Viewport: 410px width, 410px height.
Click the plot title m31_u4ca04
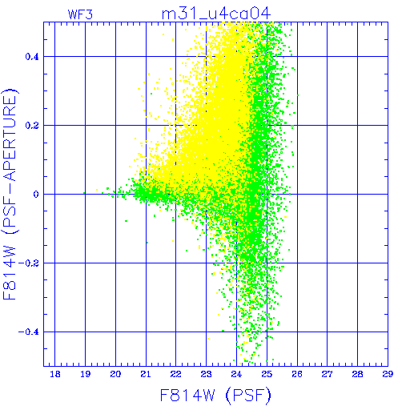click(x=216, y=14)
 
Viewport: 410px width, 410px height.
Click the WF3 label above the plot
click(x=80, y=14)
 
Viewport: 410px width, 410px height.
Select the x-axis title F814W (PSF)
click(x=215, y=395)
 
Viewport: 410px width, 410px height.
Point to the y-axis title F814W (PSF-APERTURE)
click(x=10, y=194)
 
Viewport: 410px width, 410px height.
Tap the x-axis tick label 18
click(x=55, y=374)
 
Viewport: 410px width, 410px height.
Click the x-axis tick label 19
click(x=86, y=374)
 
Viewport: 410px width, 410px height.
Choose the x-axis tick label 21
click(x=146, y=374)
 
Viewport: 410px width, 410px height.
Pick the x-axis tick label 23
click(x=206, y=374)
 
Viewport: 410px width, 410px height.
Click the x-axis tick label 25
click(x=267, y=374)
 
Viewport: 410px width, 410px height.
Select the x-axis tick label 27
click(x=327, y=374)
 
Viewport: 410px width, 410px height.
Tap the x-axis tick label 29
click(x=388, y=374)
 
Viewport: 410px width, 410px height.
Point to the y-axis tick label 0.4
click(x=32, y=57)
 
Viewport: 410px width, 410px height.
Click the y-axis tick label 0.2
click(x=32, y=126)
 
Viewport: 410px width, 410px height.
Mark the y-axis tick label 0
click(x=36, y=195)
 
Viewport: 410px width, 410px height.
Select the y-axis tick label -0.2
click(x=29, y=263)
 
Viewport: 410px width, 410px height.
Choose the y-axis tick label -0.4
click(x=29, y=332)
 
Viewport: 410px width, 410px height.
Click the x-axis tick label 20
click(x=115, y=374)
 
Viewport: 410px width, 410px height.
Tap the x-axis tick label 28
click(x=357, y=374)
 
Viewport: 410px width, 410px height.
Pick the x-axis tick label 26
click(x=297, y=374)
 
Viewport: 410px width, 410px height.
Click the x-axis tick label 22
click(x=176, y=374)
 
